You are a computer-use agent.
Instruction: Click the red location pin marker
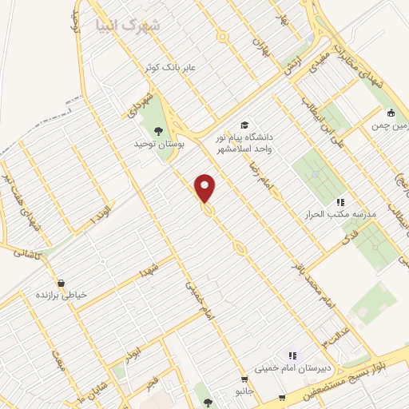(205, 188)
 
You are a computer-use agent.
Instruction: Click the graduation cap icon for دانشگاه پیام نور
(244, 125)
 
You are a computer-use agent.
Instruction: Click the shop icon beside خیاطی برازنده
(61, 283)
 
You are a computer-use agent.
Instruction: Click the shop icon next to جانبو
(244, 379)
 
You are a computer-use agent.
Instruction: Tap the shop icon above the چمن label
(391, 113)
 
